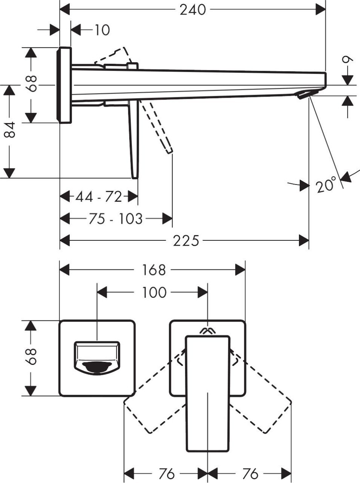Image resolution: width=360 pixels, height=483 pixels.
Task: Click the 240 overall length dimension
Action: point(193,10)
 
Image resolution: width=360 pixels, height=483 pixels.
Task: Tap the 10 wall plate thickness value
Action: point(101,30)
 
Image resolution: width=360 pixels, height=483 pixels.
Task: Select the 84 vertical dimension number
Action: point(10,129)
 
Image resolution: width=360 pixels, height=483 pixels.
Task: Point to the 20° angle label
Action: point(326,185)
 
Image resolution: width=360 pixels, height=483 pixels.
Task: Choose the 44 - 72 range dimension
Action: point(99,197)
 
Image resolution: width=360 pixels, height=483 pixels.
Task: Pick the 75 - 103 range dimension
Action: point(115,218)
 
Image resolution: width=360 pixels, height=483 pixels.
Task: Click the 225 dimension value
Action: point(186,240)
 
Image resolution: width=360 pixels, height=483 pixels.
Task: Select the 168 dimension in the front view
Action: point(154,270)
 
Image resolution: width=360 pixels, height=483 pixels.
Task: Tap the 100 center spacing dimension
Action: point(155,292)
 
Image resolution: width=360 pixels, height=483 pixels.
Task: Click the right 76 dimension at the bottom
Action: point(250,473)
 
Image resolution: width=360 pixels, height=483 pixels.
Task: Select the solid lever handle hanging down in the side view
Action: point(134,140)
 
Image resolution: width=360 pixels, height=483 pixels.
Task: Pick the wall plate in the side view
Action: point(64,85)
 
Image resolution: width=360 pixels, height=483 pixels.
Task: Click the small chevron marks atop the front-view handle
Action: point(207,331)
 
